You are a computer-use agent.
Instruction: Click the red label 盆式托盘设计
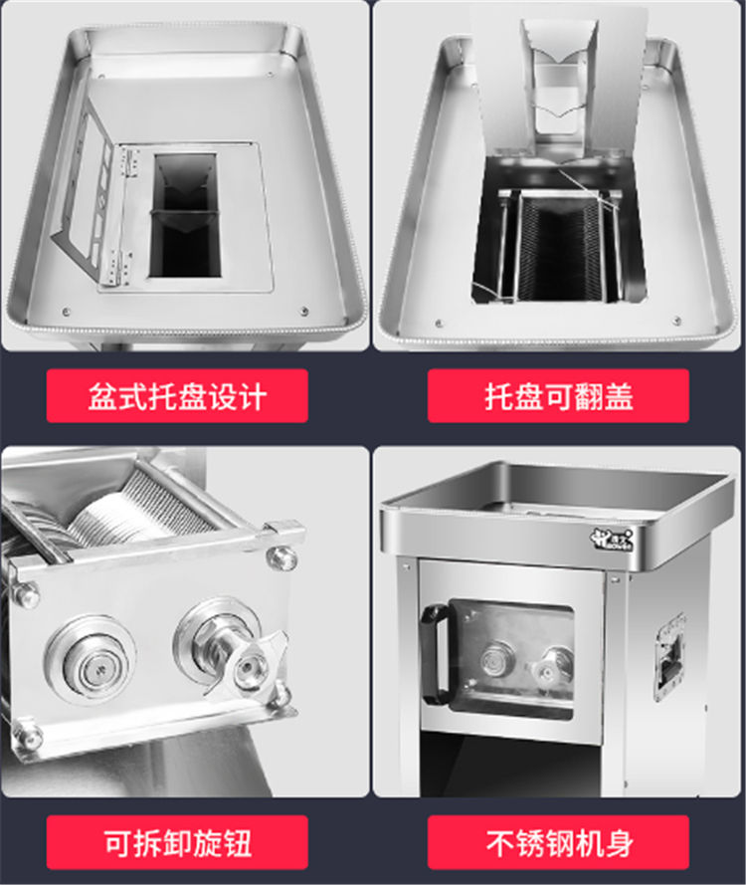(177, 395)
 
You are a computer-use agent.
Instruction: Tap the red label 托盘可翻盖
(558, 395)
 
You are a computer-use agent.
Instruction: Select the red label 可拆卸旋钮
(177, 842)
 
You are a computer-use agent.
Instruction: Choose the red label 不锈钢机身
(558, 842)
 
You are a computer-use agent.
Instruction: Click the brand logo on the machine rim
(613, 539)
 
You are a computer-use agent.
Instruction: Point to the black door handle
(433, 653)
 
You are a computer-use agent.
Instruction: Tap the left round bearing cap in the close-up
(92, 661)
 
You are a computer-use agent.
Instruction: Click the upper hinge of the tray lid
(129, 163)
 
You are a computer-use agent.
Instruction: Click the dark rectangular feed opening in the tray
(184, 216)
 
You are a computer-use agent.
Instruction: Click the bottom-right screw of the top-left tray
(304, 311)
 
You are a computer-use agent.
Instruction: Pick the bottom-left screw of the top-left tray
(67, 312)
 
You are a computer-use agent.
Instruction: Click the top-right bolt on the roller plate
(281, 557)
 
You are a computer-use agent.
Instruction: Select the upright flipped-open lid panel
(558, 85)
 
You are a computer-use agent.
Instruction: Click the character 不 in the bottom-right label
(500, 842)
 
